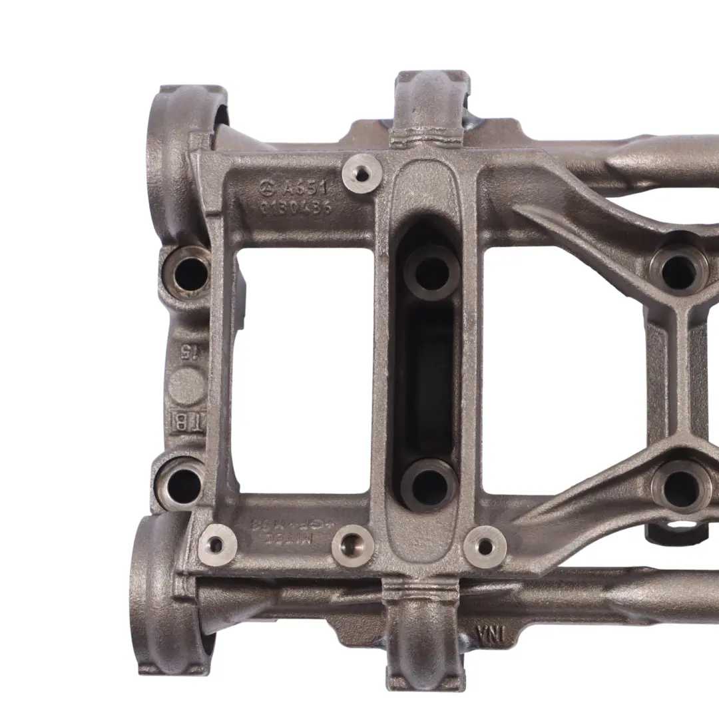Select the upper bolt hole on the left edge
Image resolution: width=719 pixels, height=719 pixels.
coord(189,272)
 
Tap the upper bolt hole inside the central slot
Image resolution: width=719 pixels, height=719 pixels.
coord(432,271)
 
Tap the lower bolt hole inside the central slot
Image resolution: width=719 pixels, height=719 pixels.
coord(429,485)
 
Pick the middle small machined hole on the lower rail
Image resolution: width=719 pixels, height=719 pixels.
coord(352,545)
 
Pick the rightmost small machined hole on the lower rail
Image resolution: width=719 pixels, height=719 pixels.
coord(485,546)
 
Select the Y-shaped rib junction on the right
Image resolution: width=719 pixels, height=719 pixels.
coord(678,313)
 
